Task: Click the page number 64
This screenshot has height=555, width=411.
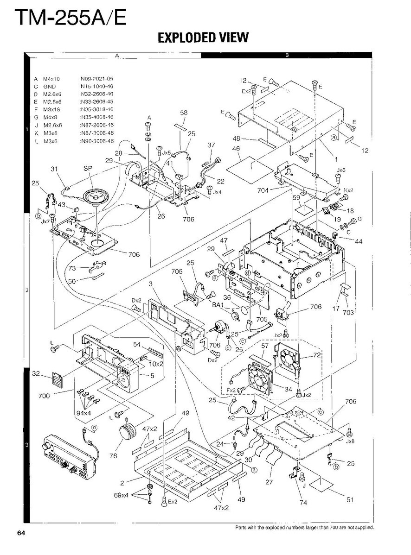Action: (x=21, y=532)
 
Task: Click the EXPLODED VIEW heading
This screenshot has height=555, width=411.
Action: (x=203, y=38)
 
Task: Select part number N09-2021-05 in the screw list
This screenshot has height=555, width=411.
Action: (x=97, y=79)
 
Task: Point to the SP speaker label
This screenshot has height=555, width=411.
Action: (x=87, y=169)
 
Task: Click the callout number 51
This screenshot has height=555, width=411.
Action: (x=350, y=498)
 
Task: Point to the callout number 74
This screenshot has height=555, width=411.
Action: (x=303, y=503)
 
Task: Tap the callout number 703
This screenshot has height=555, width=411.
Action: (x=348, y=312)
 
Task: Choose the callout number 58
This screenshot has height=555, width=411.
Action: (x=183, y=113)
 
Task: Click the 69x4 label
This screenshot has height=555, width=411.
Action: (x=122, y=495)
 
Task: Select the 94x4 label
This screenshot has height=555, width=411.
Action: (x=84, y=413)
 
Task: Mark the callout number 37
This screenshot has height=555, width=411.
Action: (x=211, y=145)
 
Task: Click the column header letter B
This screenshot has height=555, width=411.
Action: (x=287, y=55)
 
